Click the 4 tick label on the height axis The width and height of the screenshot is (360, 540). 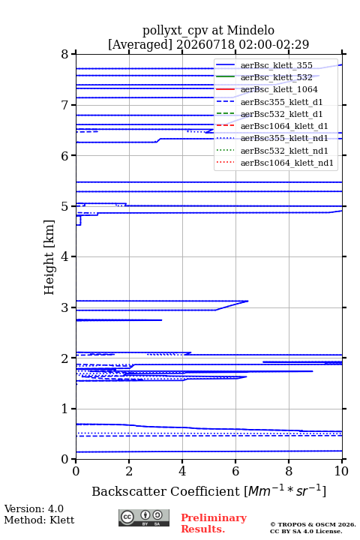(x=65, y=256)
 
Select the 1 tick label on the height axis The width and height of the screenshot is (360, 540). (x=65, y=409)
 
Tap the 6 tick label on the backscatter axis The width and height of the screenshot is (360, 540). (x=235, y=471)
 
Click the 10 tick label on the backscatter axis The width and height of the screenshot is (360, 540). (x=341, y=471)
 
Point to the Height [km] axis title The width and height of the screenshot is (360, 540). (x=49, y=257)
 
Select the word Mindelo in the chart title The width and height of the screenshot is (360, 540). (x=250, y=30)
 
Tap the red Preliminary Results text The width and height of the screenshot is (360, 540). (x=214, y=523)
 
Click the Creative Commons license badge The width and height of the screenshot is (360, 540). (x=144, y=517)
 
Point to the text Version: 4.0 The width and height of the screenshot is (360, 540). (x=34, y=508)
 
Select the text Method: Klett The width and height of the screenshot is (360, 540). (x=39, y=520)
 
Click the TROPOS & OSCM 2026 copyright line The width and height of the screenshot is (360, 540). (x=313, y=524)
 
